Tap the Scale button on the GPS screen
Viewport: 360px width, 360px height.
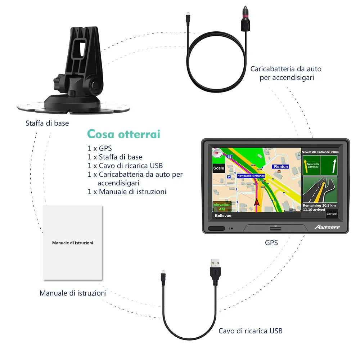click(x=219, y=168)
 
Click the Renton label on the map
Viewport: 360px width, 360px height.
click(x=281, y=167)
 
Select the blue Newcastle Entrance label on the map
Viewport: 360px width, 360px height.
click(x=251, y=176)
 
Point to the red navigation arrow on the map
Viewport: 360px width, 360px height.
click(x=257, y=202)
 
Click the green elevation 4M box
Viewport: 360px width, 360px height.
click(x=222, y=207)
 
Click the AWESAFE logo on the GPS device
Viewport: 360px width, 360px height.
click(x=327, y=227)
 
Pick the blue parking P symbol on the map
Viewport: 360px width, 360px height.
click(x=229, y=177)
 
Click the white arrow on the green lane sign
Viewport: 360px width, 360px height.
click(x=334, y=166)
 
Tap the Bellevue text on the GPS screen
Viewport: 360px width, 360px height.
click(x=223, y=216)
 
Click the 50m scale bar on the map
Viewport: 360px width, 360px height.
click(x=292, y=210)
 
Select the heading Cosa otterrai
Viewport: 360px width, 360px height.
click(x=123, y=134)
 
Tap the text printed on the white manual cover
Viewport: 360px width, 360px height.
click(x=73, y=243)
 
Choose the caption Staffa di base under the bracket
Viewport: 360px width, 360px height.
click(x=47, y=123)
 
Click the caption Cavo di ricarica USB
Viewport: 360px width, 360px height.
click(x=251, y=331)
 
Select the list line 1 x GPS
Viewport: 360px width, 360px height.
click(x=100, y=148)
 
